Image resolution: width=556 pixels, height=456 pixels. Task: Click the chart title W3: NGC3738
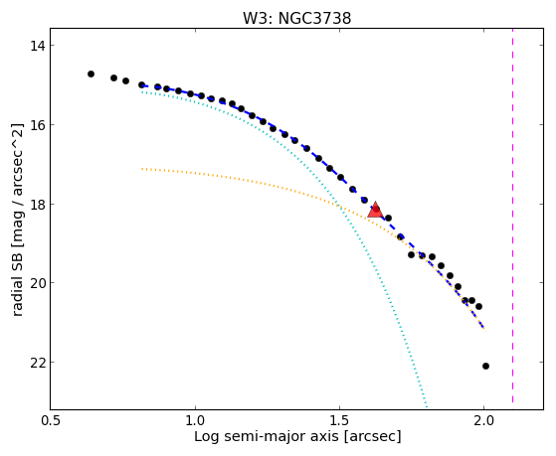[296, 19]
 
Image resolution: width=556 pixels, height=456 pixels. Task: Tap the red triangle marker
[375, 210]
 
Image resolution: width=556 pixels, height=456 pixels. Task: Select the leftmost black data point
[91, 75]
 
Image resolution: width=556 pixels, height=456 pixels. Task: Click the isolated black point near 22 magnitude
[485, 366]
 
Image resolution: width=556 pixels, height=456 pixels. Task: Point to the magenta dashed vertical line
[513, 216]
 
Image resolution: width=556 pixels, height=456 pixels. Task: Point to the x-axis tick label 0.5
[51, 420]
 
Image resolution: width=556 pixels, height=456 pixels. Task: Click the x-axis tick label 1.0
[195, 420]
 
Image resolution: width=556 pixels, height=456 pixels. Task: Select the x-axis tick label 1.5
[340, 420]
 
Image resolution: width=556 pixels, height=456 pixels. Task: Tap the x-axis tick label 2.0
[484, 420]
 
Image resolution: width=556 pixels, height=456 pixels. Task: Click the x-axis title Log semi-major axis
[267, 436]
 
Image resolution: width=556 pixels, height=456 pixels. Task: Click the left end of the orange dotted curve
[142, 169]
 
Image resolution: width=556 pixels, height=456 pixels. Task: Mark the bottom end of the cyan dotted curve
[427, 407]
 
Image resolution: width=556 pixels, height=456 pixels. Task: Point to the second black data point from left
[113, 77]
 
